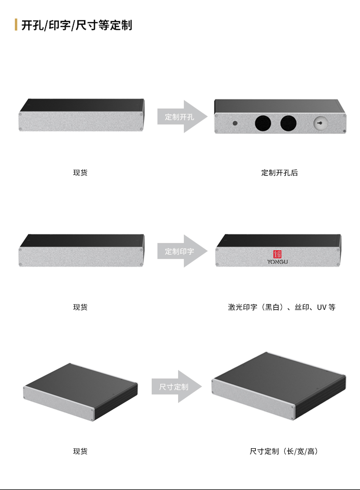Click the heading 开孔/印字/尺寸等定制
tap(77, 25)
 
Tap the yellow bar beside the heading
tap(16, 24)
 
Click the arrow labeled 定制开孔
tap(182, 117)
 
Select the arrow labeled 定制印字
tap(182, 251)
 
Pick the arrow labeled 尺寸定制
tap(177, 387)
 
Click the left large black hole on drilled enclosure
tap(263, 123)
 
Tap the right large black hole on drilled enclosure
tap(288, 123)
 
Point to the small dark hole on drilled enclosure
tap(235, 123)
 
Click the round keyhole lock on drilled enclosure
tap(320, 123)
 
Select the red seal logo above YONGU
tap(277, 254)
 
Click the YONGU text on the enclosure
tap(277, 262)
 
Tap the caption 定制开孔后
tap(279, 172)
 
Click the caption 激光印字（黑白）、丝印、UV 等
tap(282, 307)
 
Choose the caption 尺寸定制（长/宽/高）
tap(284, 451)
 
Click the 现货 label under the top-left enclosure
tap(80, 172)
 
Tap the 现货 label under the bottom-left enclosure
tap(80, 451)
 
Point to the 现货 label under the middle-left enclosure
tap(80, 307)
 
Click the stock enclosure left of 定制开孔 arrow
tap(82, 115)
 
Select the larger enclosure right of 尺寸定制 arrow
tap(279, 386)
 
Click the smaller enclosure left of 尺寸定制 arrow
tap(81, 392)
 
